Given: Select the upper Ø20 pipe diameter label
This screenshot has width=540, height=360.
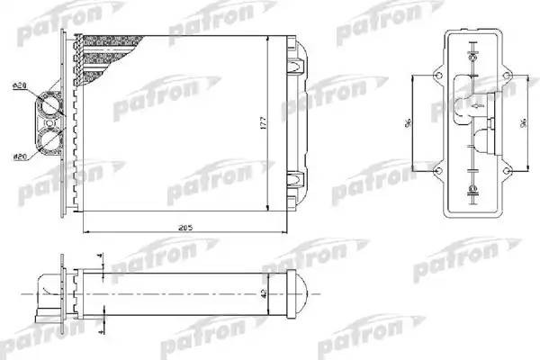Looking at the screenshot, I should click(x=18, y=86).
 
